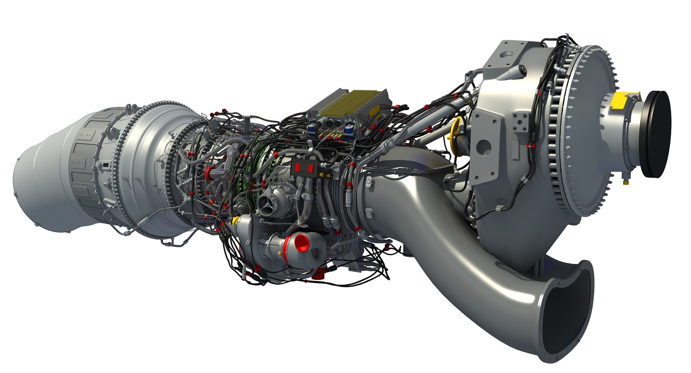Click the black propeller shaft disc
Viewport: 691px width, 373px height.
pyautogui.click(x=657, y=134)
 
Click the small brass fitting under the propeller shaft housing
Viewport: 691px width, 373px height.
pyautogui.click(x=626, y=182)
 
